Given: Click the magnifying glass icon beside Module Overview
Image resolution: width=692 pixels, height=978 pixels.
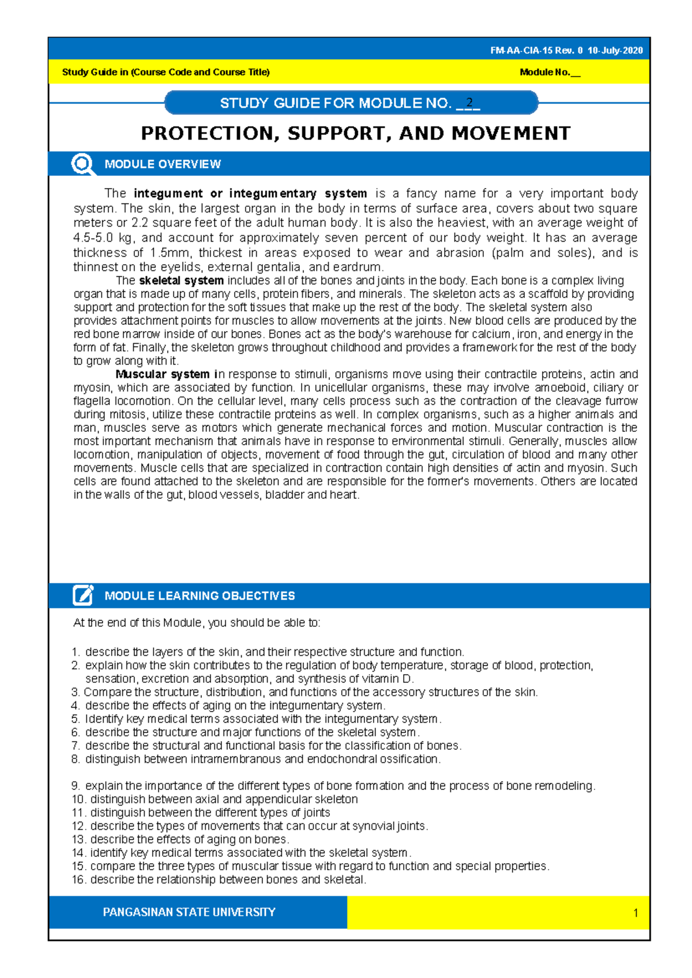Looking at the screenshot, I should (x=83, y=164).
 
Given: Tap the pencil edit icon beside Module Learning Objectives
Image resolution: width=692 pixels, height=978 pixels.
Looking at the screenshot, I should (x=83, y=595).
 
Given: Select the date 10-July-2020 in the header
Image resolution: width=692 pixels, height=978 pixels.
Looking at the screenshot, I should (x=615, y=51).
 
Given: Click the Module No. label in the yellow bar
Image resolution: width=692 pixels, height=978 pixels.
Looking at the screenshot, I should (x=545, y=73).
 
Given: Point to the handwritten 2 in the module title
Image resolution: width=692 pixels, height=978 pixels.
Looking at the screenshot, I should (x=470, y=103).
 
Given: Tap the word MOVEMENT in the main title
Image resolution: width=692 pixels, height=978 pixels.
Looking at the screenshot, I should (x=511, y=134).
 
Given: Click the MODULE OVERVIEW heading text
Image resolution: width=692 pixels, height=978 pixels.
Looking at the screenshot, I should (x=163, y=164).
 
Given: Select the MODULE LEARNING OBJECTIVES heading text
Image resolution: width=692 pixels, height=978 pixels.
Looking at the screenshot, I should (x=200, y=596).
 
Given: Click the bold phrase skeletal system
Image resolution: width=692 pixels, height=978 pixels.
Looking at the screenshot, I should (x=181, y=281).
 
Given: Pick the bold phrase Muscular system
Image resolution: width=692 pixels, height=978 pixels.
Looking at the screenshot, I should (x=163, y=374).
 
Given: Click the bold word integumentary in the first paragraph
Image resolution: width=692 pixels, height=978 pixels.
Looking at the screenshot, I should (x=273, y=194).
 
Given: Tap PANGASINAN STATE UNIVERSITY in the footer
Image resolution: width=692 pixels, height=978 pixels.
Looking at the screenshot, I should (x=189, y=912).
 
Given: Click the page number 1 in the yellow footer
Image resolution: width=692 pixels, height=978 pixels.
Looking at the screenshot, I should (x=635, y=913).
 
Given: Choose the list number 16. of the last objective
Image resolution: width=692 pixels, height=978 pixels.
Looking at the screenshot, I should (x=79, y=880).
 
